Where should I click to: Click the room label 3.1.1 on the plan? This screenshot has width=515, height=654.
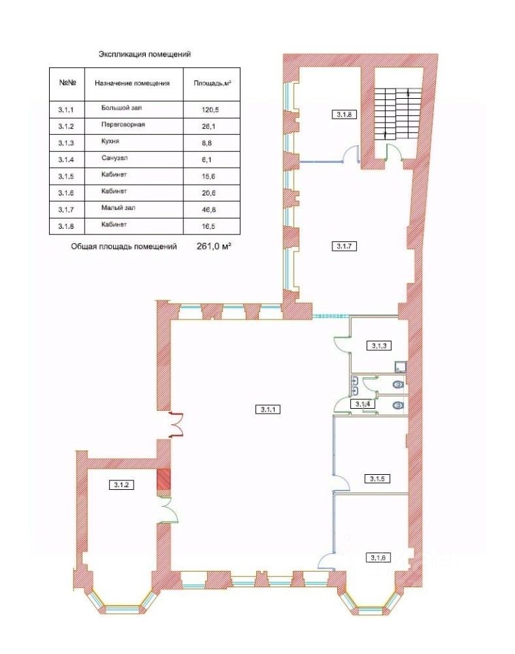pyautogui.click(x=268, y=409)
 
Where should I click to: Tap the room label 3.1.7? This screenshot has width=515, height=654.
pyautogui.click(x=344, y=246)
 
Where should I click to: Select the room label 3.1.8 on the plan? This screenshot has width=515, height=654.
pyautogui.click(x=344, y=114)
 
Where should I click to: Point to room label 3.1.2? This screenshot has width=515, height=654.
pyautogui.click(x=121, y=484)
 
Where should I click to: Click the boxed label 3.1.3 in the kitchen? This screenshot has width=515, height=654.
pyautogui.click(x=379, y=345)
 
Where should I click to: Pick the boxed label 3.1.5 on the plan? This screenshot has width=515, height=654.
pyautogui.click(x=377, y=478)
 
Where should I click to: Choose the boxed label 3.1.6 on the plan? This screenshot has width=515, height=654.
pyautogui.click(x=378, y=557)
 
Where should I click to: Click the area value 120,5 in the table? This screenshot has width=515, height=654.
pyautogui.click(x=210, y=110)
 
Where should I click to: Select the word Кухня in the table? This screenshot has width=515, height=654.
pyautogui.click(x=110, y=142)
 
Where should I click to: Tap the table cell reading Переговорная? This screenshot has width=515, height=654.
pyautogui.click(x=123, y=124)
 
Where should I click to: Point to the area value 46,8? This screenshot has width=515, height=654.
pyautogui.click(x=209, y=210)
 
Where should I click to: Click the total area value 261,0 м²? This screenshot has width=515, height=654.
pyautogui.click(x=214, y=246)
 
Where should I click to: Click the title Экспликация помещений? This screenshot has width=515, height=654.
pyautogui.click(x=144, y=54)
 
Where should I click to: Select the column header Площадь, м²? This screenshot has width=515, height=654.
pyautogui.click(x=213, y=83)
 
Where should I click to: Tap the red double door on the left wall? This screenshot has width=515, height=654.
pyautogui.click(x=177, y=424)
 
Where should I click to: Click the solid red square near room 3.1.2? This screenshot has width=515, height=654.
pyautogui.click(x=163, y=479)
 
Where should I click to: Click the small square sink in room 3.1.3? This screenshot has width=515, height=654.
pyautogui.click(x=400, y=367)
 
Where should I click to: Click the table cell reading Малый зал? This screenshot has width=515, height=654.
pyautogui.click(x=118, y=208)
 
